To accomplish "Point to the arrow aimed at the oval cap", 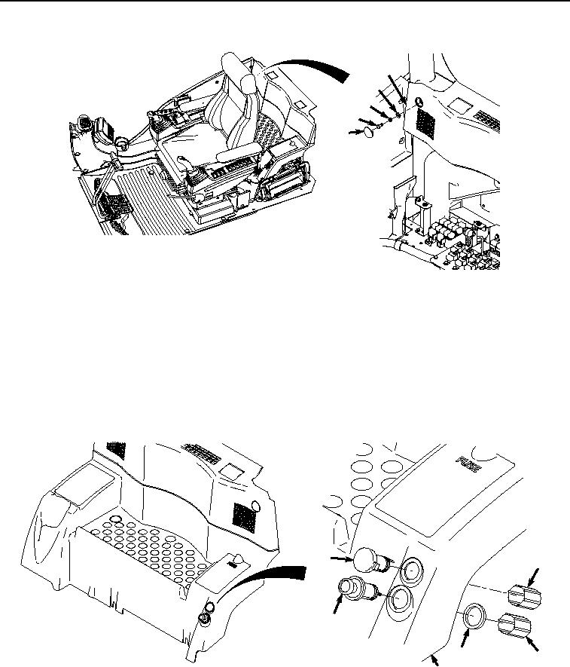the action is pyautogui.click(x=354, y=133).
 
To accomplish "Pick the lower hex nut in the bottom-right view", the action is pyautogui.click(x=515, y=626).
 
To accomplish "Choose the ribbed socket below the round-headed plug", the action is pyautogui.click(x=357, y=589).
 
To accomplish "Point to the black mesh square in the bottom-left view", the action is pyautogui.click(x=244, y=517).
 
